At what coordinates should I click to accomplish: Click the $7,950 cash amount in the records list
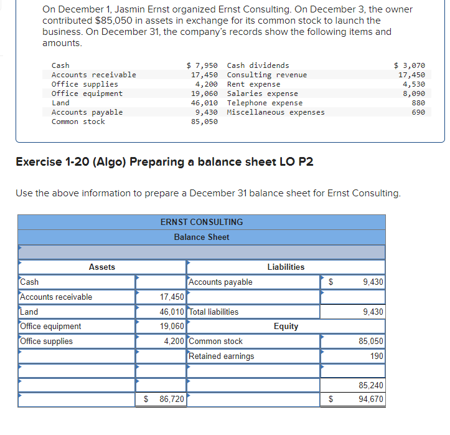click(x=202, y=65)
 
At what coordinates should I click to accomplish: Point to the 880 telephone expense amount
click(x=418, y=103)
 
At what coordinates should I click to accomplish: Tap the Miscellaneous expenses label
click(x=276, y=112)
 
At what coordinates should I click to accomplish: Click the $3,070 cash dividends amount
click(x=410, y=65)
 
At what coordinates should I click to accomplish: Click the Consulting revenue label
click(x=266, y=75)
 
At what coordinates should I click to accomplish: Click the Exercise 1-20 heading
click(x=164, y=162)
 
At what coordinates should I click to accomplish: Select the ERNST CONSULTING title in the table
click(x=202, y=222)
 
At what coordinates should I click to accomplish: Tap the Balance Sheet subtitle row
click(x=202, y=237)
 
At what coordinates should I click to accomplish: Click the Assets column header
click(x=102, y=267)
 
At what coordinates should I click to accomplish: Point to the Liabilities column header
click(x=286, y=267)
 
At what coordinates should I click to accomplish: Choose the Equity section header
click(x=286, y=326)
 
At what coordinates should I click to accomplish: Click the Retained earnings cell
click(x=222, y=356)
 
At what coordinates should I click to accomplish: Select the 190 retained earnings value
click(x=376, y=356)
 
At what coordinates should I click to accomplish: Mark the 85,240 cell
click(x=371, y=386)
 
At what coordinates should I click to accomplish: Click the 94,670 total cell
click(x=371, y=399)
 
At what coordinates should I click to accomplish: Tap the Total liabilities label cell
click(x=213, y=312)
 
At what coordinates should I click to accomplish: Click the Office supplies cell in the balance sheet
click(x=47, y=341)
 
